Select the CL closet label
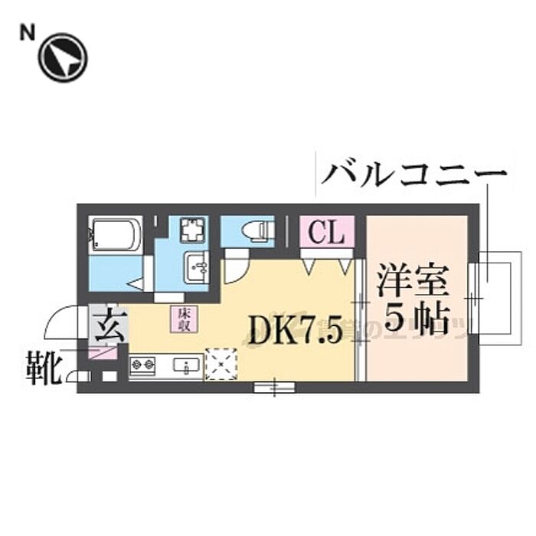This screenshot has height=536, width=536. click(x=326, y=232)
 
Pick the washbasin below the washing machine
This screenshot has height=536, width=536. click(x=197, y=268)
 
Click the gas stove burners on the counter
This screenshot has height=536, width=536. click(x=143, y=367)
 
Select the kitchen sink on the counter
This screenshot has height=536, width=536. click(x=186, y=367)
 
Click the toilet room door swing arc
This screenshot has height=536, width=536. click(x=236, y=272)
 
